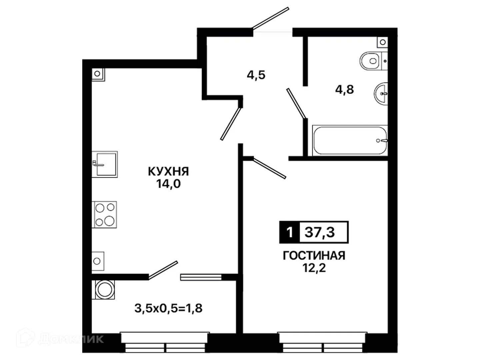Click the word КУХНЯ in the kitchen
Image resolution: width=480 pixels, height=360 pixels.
pos(168,172)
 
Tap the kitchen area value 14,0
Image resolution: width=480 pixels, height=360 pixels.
pos(168,184)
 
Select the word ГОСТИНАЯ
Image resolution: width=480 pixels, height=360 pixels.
pos(314,255)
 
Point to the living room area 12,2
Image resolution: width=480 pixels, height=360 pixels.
pos(314,268)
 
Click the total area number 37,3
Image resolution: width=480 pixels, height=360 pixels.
pos(319,232)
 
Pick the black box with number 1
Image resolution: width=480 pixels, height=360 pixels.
pos(290,232)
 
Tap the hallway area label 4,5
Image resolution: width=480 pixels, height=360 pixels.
pos(256,75)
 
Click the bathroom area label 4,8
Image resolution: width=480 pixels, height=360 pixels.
pos(344,90)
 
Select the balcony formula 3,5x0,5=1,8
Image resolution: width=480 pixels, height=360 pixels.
pos(168,309)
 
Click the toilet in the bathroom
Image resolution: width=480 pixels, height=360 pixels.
pos(373,61)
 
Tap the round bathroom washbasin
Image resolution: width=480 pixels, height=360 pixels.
pos(381,94)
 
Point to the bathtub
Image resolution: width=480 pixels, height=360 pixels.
pos(350,140)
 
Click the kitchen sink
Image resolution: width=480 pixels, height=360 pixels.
pos(105,164)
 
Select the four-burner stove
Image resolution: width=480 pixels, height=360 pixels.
pos(104,215)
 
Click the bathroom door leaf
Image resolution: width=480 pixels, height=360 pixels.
pos(296,104)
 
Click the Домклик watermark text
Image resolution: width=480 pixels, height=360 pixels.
pos(71,339)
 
